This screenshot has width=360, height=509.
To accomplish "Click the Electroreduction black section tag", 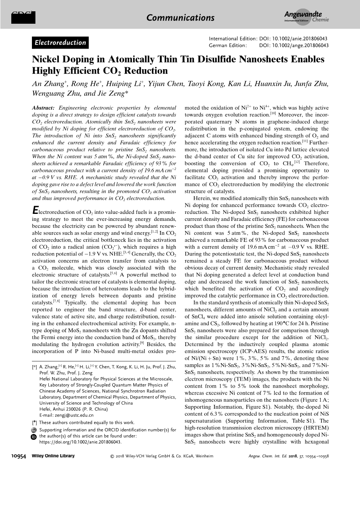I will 60,43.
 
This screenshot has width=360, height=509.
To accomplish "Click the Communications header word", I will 180,18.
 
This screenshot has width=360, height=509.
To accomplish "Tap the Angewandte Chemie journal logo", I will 306,16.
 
